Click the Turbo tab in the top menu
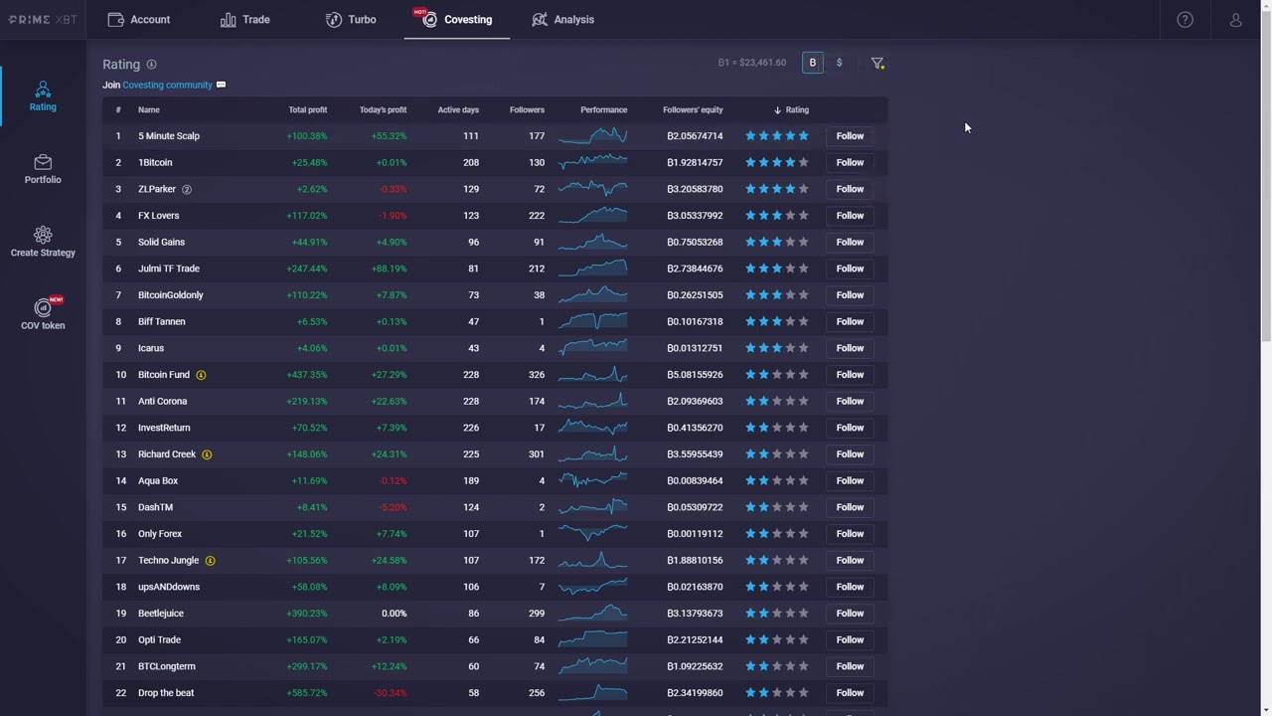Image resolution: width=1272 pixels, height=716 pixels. pyautogui.click(x=351, y=20)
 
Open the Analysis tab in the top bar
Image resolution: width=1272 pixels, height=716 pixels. pyautogui.click(x=562, y=20)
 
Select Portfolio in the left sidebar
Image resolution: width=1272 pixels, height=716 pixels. pyautogui.click(x=43, y=169)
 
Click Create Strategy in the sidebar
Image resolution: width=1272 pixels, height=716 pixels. pyautogui.click(x=43, y=242)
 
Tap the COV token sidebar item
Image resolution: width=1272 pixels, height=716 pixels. pyautogui.click(x=43, y=314)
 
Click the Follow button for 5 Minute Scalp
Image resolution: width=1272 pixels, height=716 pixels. pyautogui.click(x=850, y=136)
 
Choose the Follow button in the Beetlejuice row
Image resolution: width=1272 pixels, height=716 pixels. pyautogui.click(x=850, y=614)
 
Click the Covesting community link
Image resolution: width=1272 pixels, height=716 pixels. pyautogui.click(x=167, y=86)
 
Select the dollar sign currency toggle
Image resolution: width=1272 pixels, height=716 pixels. pyautogui.click(x=839, y=63)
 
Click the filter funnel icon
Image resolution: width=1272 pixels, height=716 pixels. pyautogui.click(x=877, y=63)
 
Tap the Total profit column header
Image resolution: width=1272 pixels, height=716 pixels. pyautogui.click(x=307, y=110)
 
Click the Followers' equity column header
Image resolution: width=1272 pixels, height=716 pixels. pyautogui.click(x=693, y=110)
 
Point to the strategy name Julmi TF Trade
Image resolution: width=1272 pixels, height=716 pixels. pyautogui.click(x=169, y=268)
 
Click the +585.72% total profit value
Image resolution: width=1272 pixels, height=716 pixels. pyautogui.click(x=306, y=693)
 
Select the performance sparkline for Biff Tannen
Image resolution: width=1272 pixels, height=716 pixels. pyautogui.click(x=592, y=321)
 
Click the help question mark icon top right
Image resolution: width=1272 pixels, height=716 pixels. pyautogui.click(x=1185, y=20)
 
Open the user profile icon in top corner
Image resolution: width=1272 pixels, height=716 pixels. pyautogui.click(x=1235, y=20)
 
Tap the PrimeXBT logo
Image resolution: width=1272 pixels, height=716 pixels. pyautogui.click(x=43, y=20)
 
